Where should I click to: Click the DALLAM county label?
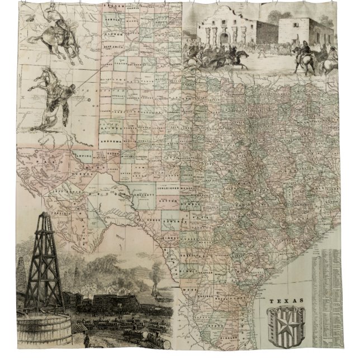(x=114, y=6)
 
